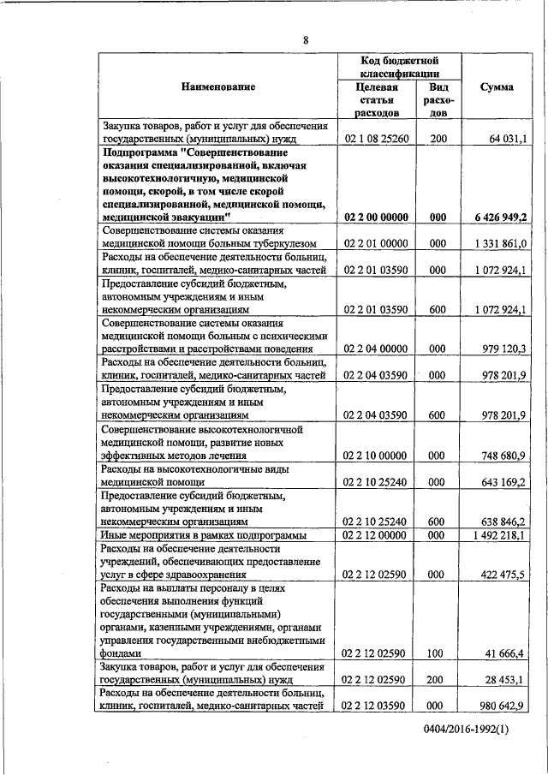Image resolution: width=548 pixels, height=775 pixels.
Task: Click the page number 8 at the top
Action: click(306, 39)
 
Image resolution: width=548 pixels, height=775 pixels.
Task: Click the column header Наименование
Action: click(217, 87)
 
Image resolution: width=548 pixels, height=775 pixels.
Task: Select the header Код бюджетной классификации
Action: click(400, 67)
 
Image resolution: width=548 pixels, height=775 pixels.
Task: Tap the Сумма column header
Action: click(497, 87)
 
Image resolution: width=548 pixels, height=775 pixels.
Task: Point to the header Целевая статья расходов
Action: click(377, 99)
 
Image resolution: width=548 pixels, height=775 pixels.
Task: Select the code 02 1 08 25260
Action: click(377, 138)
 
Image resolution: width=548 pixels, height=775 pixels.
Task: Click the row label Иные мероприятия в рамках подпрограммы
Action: click(203, 535)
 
